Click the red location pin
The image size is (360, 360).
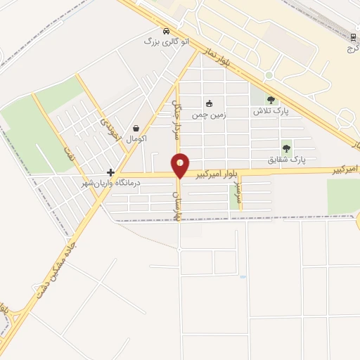tap(181, 165)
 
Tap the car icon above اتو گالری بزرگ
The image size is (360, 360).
tap(166, 31)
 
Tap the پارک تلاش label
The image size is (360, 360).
tap(271, 112)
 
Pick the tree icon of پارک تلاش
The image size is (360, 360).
tap(271, 101)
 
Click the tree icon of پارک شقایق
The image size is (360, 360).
tap(286, 148)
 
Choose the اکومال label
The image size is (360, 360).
tap(136, 139)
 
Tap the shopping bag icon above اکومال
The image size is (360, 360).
tap(136, 128)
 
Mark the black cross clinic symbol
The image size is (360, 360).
tap(110, 172)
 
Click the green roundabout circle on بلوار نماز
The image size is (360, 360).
tap(269, 75)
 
